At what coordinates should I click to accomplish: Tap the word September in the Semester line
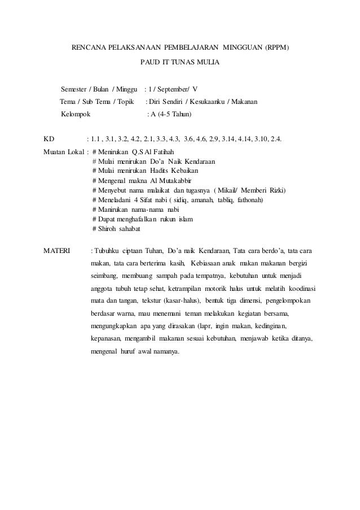tap(173, 89)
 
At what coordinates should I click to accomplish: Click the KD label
tap(49, 139)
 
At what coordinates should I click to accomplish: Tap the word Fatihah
tap(162, 151)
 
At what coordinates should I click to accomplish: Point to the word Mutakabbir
tap(169, 180)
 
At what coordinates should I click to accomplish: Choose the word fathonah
tap(250, 200)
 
